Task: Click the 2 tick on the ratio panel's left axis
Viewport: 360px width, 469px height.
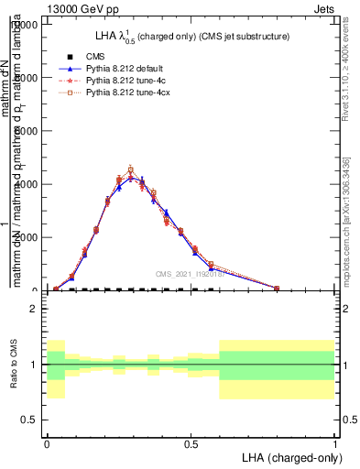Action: (x=33, y=309)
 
